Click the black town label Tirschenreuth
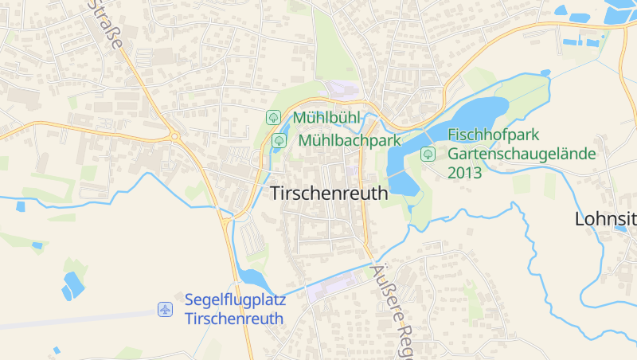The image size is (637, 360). coord(329,194)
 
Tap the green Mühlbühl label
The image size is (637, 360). coord(326,118)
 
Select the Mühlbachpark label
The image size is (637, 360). coord(349,141)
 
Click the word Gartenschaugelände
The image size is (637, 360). coord(521,154)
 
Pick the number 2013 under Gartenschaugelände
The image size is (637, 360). coord(464,173)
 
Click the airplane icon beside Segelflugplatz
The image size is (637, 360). coord(165,309)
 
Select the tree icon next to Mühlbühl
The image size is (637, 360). coord(273,117)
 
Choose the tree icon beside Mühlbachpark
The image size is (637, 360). coord(279,141)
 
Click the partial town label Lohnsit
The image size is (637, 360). coord(605,220)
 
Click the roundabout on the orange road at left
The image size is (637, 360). coord(174,137)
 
